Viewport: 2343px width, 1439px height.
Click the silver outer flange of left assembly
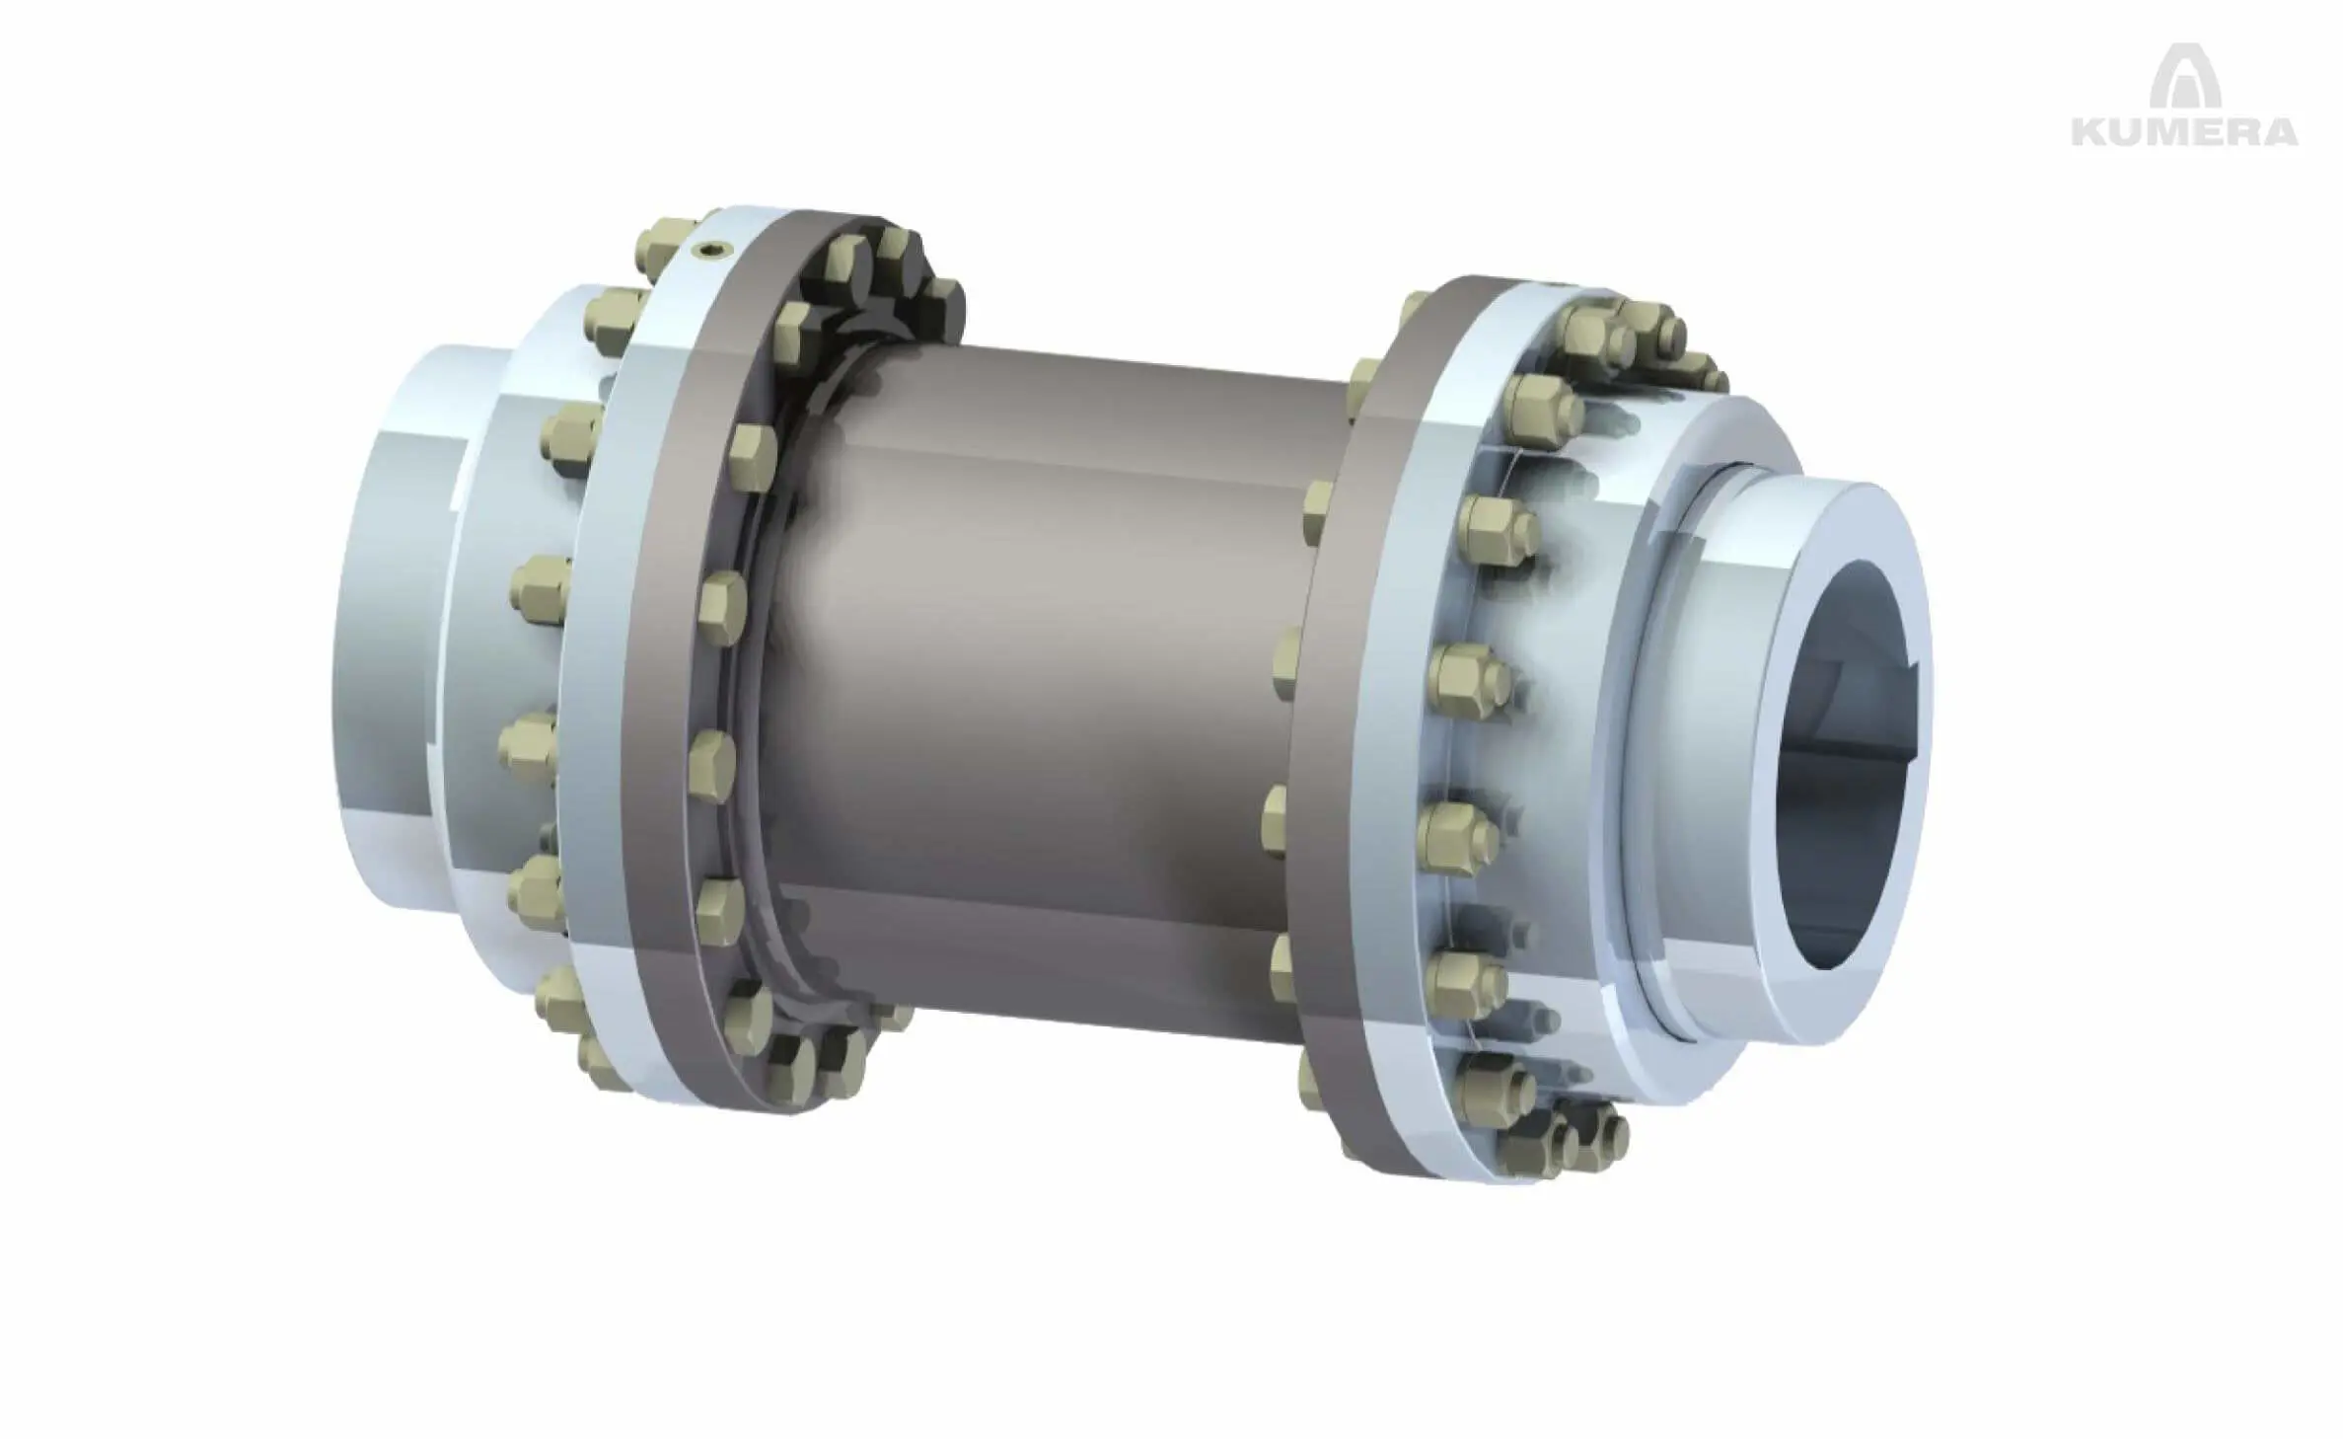click(x=592, y=691)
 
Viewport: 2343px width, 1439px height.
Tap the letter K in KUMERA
click(x=2089, y=158)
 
